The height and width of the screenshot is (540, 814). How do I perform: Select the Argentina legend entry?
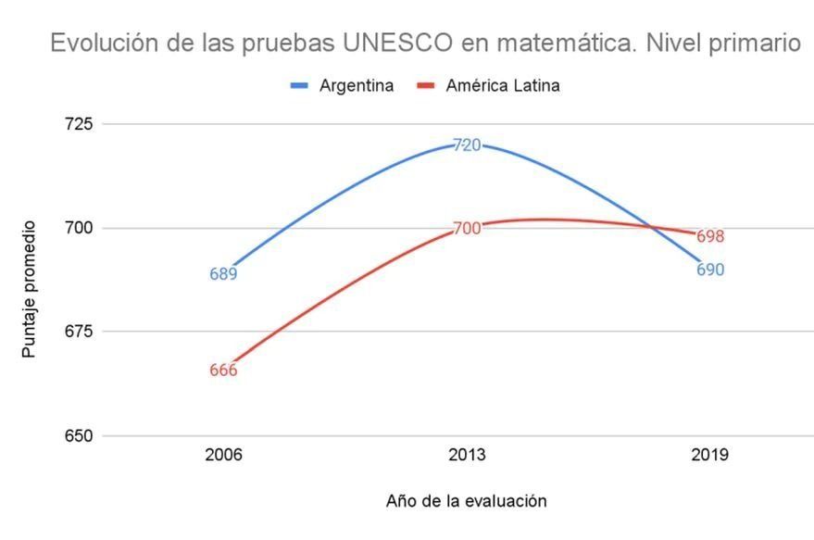[x=357, y=86]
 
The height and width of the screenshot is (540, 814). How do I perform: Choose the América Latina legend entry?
[x=503, y=86]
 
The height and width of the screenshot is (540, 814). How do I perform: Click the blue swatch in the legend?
[x=299, y=86]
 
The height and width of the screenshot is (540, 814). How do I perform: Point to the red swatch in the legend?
[x=426, y=86]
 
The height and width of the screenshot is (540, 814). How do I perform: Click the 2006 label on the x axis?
[x=223, y=456]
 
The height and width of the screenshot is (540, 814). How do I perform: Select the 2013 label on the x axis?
[x=467, y=456]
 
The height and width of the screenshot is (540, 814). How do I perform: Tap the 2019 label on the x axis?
[x=710, y=456]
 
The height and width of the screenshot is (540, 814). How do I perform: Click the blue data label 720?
[x=467, y=145]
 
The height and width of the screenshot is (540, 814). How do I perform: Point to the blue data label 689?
[x=223, y=274]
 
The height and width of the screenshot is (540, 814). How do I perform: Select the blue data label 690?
[x=710, y=270]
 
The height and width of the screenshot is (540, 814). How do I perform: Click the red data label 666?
[x=223, y=370]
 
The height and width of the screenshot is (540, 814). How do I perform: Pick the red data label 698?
[x=710, y=236]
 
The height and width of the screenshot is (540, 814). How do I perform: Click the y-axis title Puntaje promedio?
[x=30, y=289]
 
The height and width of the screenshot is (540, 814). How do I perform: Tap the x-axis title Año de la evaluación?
[x=466, y=501]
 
